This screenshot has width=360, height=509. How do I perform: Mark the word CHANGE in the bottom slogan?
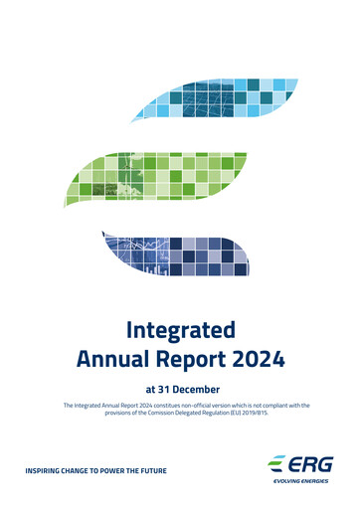point(82,469)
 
